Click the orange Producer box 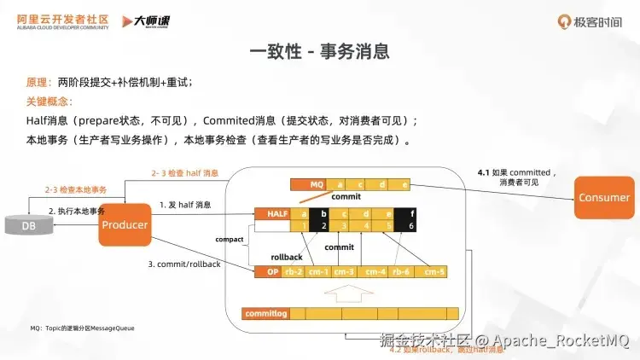coord(125,224)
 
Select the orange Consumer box coord(603,198)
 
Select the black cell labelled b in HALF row coord(323,213)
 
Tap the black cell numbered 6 coord(412,226)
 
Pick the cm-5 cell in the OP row coord(433,272)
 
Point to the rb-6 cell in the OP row coord(401,272)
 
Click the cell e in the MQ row coord(403,184)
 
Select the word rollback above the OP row coord(287,256)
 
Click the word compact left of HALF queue coord(230,240)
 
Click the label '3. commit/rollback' coord(184,264)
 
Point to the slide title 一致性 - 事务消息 coord(319,51)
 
